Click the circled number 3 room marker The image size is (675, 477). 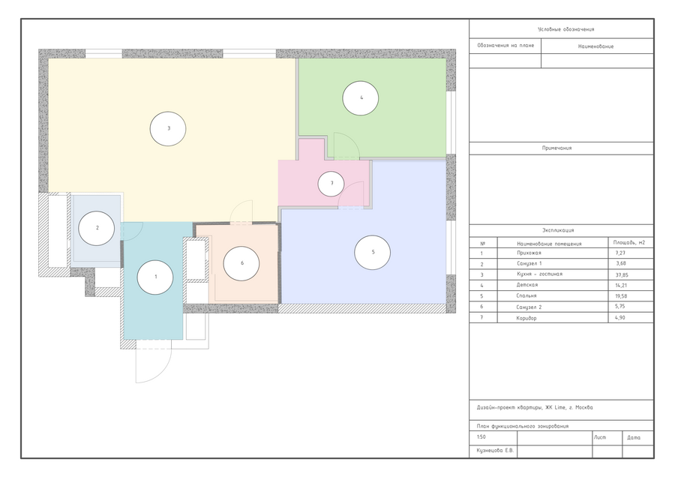pos(168,128)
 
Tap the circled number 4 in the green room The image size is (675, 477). pos(361,98)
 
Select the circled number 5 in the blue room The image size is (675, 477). pos(372,252)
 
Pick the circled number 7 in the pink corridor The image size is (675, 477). pos(331,184)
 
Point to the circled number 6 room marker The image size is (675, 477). pos(241,263)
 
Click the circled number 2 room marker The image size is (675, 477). pos(97,228)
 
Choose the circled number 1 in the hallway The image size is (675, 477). pos(155,277)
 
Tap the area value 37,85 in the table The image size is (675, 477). pos(622,274)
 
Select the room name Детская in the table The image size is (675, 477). pos(527,285)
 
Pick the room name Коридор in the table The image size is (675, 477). pos(526,319)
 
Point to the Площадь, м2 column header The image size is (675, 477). pos(629,243)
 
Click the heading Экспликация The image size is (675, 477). pos(558,230)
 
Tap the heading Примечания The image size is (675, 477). pos(556,148)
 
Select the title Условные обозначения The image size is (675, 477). pos(565,29)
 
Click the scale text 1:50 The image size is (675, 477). pos(481,437)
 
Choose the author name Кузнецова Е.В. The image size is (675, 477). pos(496,451)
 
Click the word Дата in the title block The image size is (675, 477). pos(634,437)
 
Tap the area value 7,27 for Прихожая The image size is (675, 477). pos(620,253)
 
